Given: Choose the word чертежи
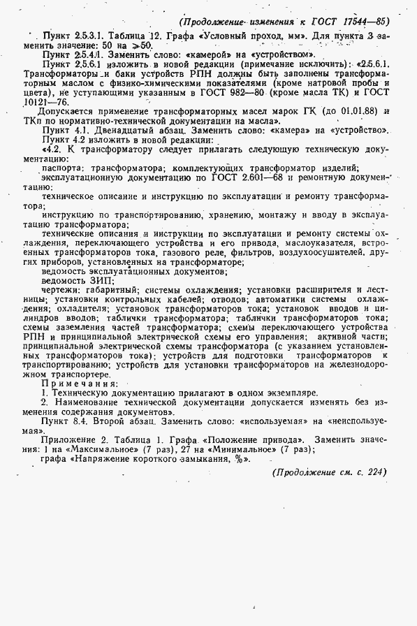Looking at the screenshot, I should [61, 289].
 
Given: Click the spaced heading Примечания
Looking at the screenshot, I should [80, 383].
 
